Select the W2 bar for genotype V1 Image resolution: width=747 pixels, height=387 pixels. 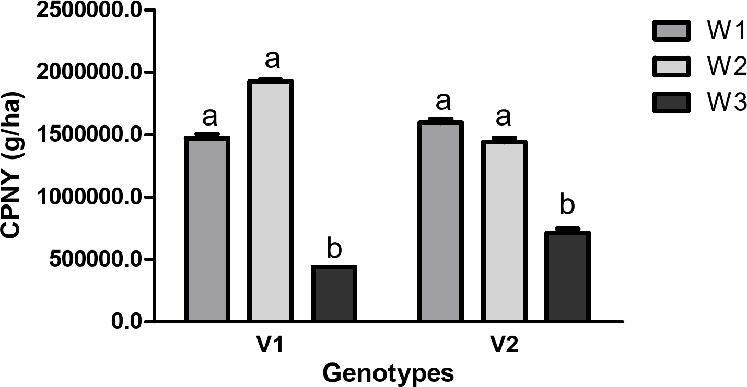coord(270,201)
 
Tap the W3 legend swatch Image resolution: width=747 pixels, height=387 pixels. coord(671,102)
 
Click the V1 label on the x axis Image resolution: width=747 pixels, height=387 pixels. coord(271,347)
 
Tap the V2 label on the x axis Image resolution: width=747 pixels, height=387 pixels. coord(504,347)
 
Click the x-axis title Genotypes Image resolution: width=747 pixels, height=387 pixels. coord(387,373)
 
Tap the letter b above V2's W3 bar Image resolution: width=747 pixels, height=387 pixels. coord(567,206)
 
